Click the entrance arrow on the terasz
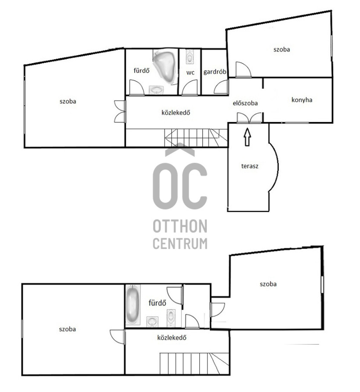pyautogui.click(x=247, y=137)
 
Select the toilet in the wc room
pyautogui.click(x=190, y=57)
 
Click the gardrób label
pyautogui.click(x=215, y=72)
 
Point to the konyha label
pyautogui.click(x=302, y=100)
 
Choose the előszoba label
pyautogui.click(x=245, y=103)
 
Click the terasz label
pyautogui.click(x=250, y=166)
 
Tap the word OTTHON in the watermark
pyautogui.click(x=180, y=226)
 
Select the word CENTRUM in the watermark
pyautogui.click(x=180, y=243)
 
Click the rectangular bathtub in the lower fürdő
pyautogui.click(x=133, y=305)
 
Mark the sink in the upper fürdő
pyautogui.click(x=156, y=90)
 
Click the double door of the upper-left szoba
pyautogui.click(x=120, y=111)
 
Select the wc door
pyautogui.click(x=189, y=87)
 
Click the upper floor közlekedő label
pyautogui.click(x=176, y=113)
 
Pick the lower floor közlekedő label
pyautogui.click(x=172, y=338)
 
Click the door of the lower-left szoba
pyautogui.click(x=117, y=337)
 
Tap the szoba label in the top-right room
pyautogui.click(x=282, y=50)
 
